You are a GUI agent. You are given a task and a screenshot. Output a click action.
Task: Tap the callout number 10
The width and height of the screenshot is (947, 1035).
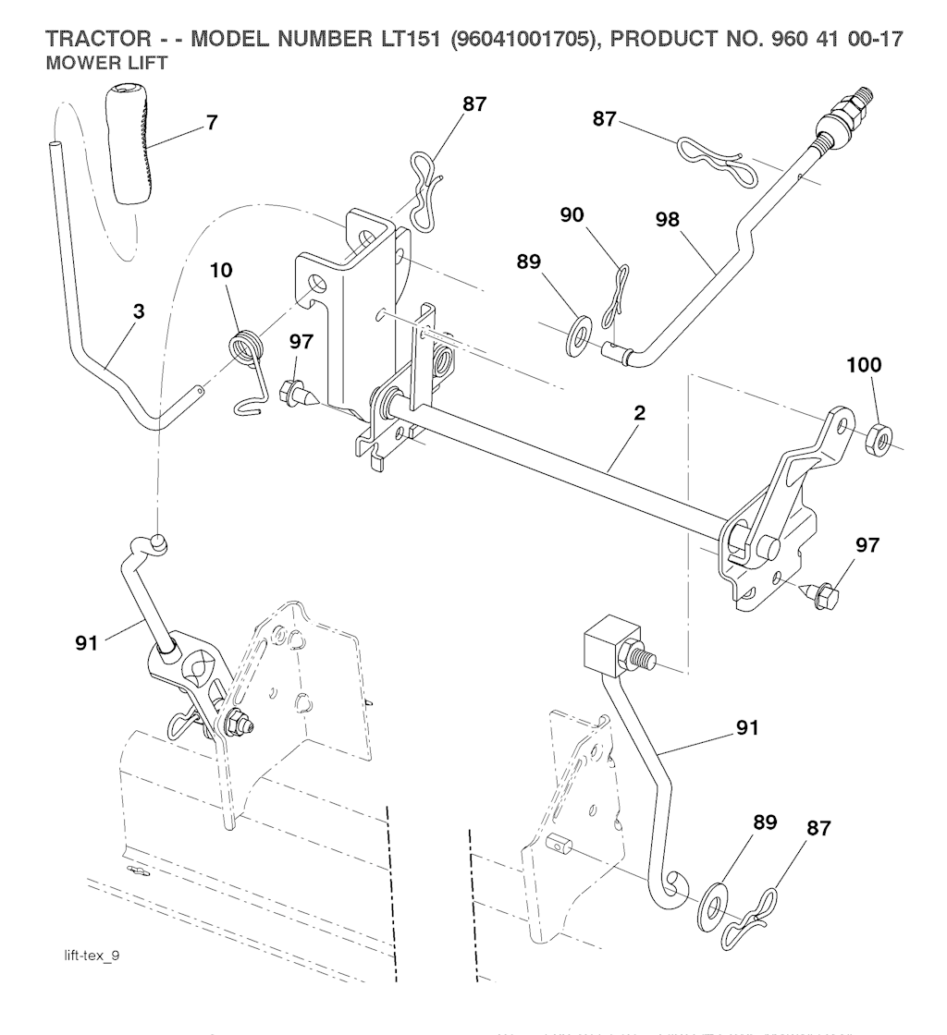pyautogui.click(x=221, y=271)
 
